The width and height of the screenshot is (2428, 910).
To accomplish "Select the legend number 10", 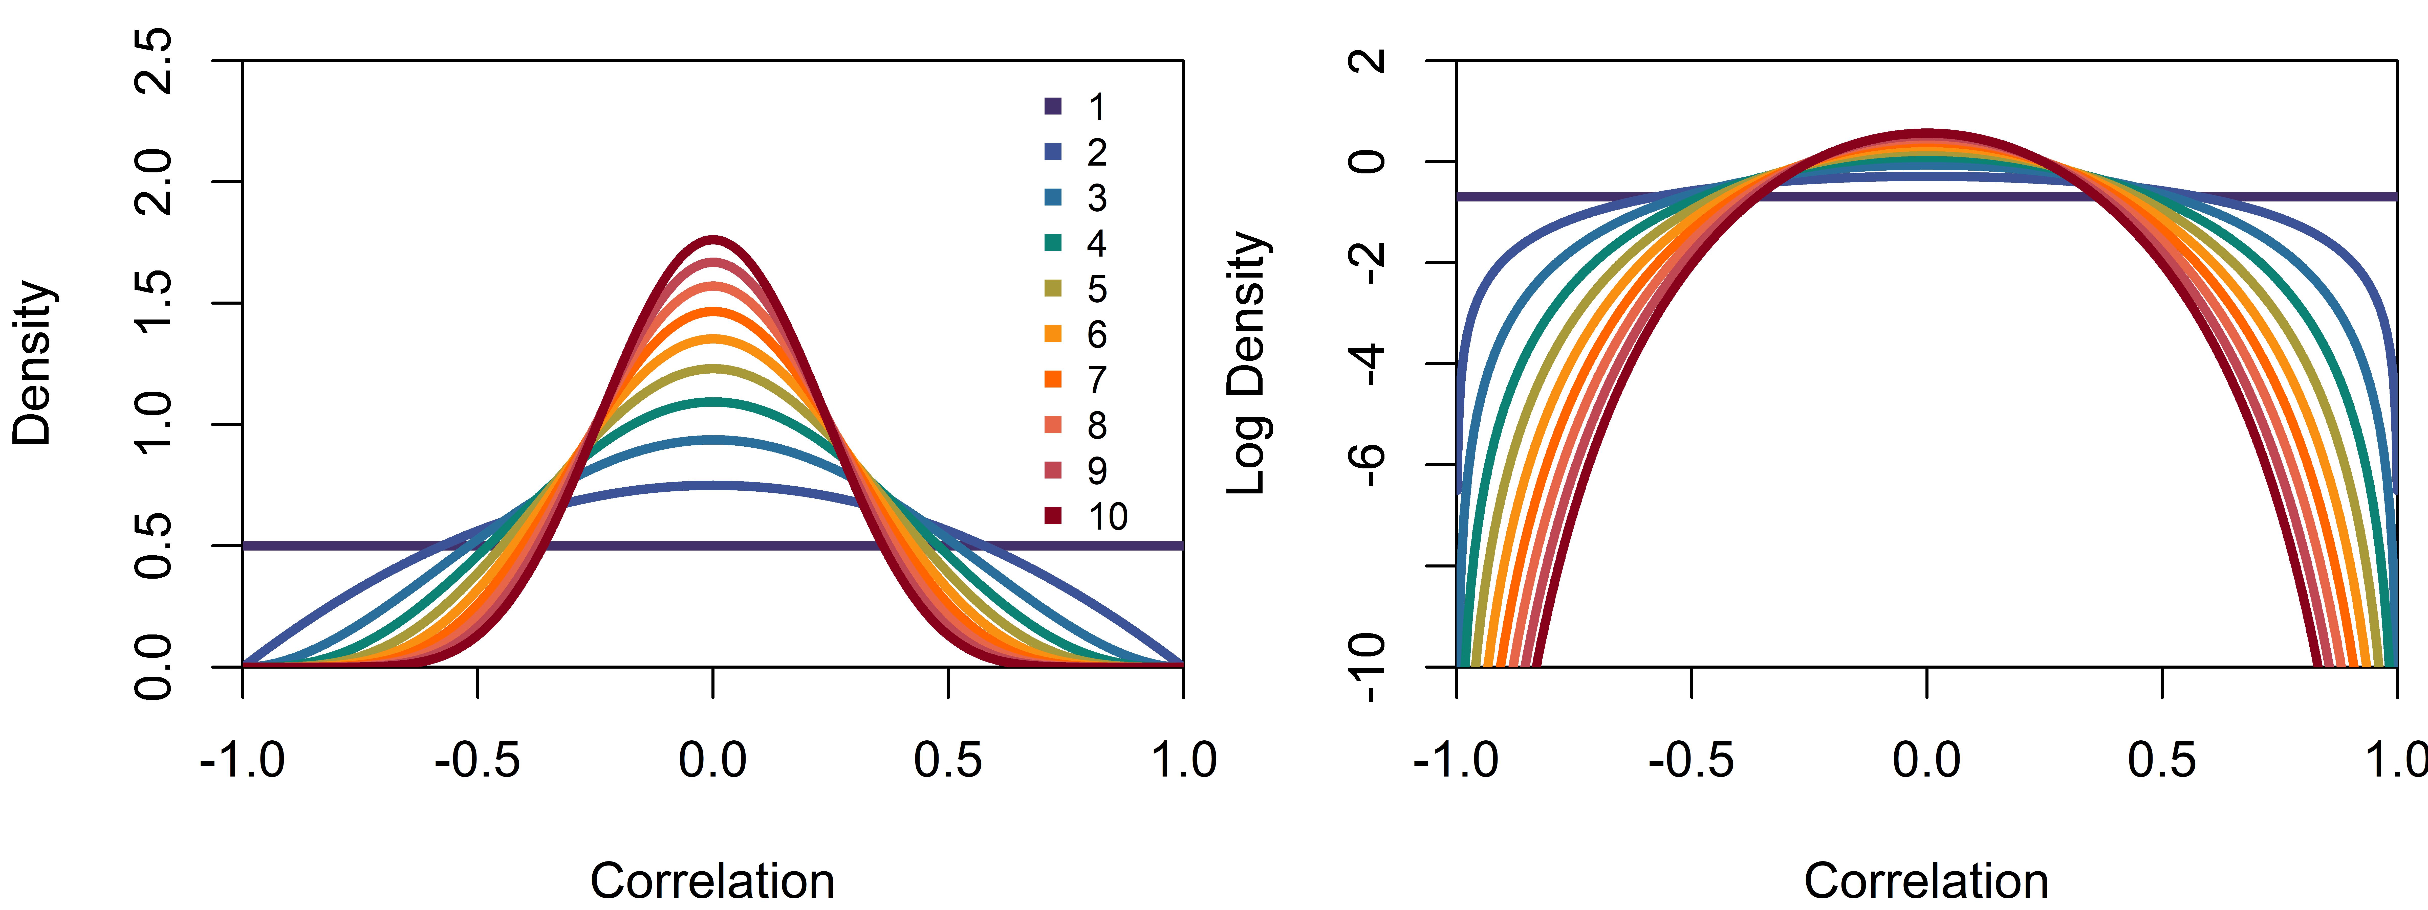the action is tap(1109, 516).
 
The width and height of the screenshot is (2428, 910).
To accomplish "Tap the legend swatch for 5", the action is tap(1053, 288).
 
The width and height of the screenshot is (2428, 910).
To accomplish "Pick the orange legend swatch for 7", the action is tap(1053, 380).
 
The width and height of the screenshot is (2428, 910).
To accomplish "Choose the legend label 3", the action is tap(1097, 198).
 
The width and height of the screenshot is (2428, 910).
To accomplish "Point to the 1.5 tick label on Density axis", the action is tap(154, 302).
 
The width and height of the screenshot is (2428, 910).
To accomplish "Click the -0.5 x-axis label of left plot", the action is tap(477, 759).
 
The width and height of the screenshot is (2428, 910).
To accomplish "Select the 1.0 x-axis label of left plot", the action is tap(1184, 759).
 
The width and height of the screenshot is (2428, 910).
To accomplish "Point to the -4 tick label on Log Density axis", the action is tap(1369, 364).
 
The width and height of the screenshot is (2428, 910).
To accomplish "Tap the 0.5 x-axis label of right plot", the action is tap(2161, 759).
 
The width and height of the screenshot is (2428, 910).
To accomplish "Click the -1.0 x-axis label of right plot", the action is tap(1456, 759).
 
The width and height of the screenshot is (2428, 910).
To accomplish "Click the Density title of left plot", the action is tap(33, 363).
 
